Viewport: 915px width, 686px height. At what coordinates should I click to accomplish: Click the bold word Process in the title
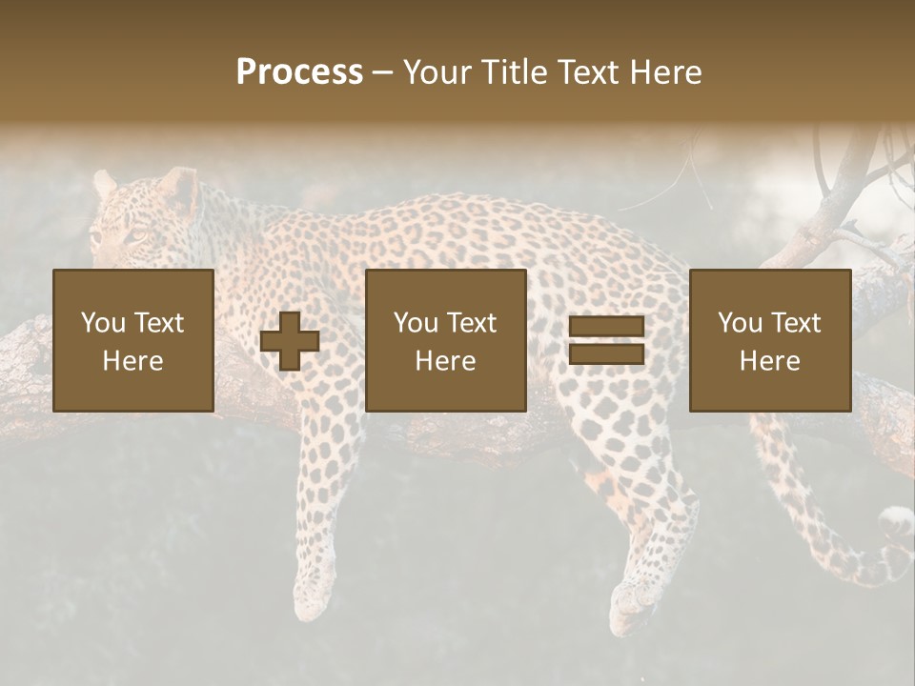[299, 72]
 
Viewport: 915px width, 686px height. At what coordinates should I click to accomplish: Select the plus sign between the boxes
[290, 340]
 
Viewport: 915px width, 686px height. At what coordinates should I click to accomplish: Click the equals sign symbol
[606, 340]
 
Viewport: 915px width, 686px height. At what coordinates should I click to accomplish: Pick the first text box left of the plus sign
[133, 340]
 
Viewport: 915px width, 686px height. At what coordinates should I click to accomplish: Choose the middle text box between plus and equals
[446, 340]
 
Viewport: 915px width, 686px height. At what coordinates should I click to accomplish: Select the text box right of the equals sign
[770, 340]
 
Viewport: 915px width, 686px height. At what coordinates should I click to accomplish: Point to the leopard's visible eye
[138, 235]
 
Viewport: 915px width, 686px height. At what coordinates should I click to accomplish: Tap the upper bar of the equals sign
[606, 327]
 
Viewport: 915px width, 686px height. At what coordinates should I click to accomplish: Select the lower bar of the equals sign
[606, 353]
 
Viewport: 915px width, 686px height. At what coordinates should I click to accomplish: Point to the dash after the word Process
[383, 73]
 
